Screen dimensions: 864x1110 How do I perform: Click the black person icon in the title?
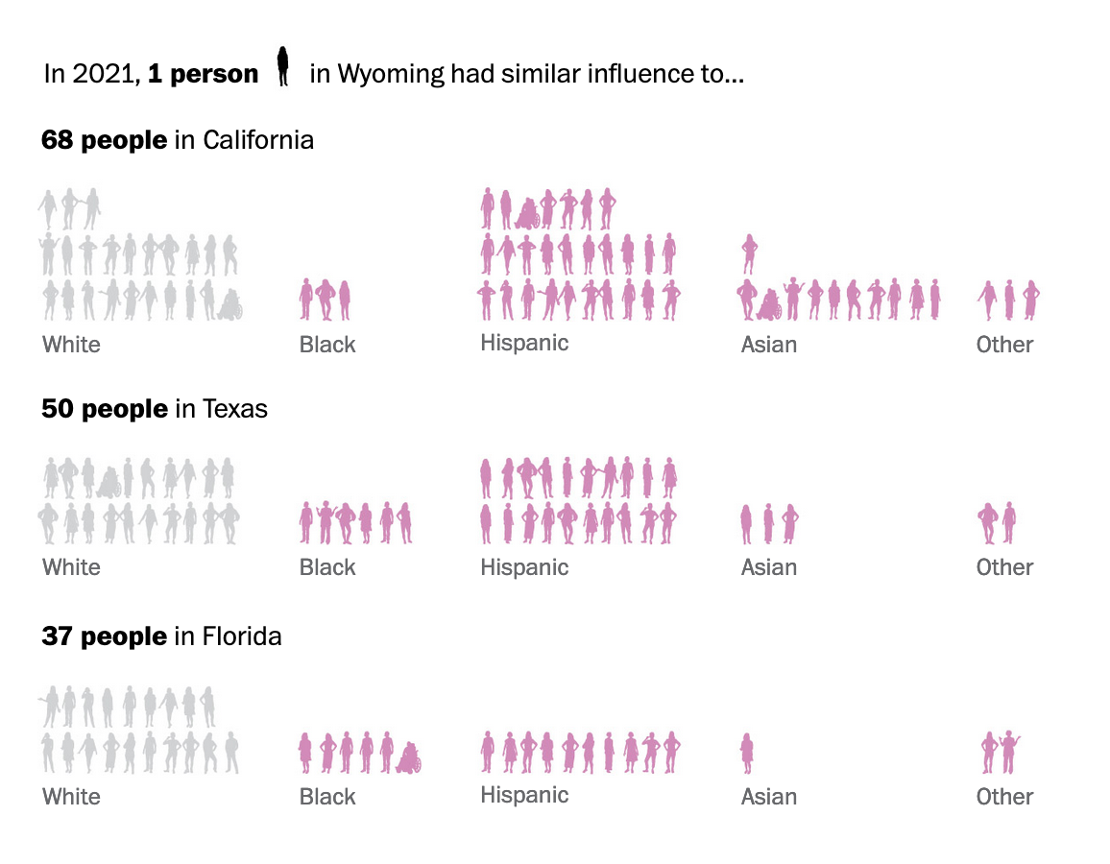(282, 66)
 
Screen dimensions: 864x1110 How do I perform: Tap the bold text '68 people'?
(104, 140)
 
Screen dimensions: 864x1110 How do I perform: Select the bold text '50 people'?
(104, 409)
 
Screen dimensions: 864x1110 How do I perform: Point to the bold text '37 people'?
(104, 636)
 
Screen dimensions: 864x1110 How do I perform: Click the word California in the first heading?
(257, 140)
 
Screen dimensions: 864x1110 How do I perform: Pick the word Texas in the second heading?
(234, 409)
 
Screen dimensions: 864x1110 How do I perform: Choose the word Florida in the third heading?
(241, 636)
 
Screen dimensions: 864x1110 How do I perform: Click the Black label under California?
(327, 345)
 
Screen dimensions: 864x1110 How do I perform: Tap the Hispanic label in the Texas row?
(524, 567)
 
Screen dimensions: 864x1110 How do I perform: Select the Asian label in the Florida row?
(768, 797)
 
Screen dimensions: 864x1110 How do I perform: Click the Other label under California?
(1004, 345)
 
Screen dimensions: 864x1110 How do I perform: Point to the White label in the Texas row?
(71, 567)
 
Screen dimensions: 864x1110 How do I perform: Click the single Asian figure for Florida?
(747, 753)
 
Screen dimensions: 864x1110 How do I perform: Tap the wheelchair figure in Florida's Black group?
(409, 757)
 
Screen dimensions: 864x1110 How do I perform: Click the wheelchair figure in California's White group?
(230, 304)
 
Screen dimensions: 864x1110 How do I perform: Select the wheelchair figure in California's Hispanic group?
(527, 212)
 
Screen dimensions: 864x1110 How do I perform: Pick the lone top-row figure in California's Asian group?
(749, 253)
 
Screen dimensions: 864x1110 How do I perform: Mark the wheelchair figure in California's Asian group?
(769, 304)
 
